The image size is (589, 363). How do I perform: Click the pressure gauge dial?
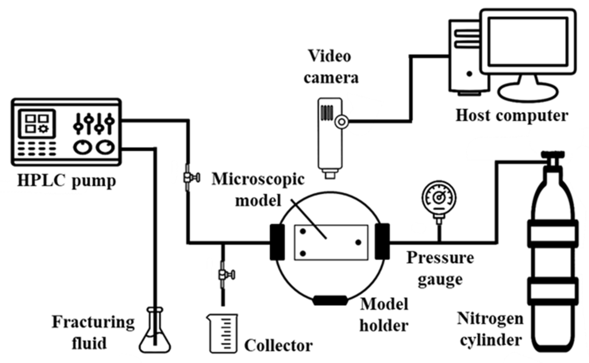[439, 198]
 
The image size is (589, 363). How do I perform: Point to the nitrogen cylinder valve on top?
[553, 159]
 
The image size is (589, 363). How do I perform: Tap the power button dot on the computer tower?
[469, 74]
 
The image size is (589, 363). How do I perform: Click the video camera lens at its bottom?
[330, 174]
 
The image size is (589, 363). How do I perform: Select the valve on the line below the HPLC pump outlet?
[191, 178]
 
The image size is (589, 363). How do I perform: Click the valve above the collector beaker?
[226, 275]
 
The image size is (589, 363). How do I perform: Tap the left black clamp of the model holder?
[277, 242]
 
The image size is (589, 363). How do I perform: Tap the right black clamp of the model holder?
[382, 242]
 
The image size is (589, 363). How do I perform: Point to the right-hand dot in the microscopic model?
[358, 242]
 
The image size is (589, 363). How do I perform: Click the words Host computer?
[512, 116]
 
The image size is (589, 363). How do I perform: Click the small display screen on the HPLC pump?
[37, 123]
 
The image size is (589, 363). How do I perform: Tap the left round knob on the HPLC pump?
[82, 147]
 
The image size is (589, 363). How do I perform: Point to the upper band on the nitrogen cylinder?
[553, 234]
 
